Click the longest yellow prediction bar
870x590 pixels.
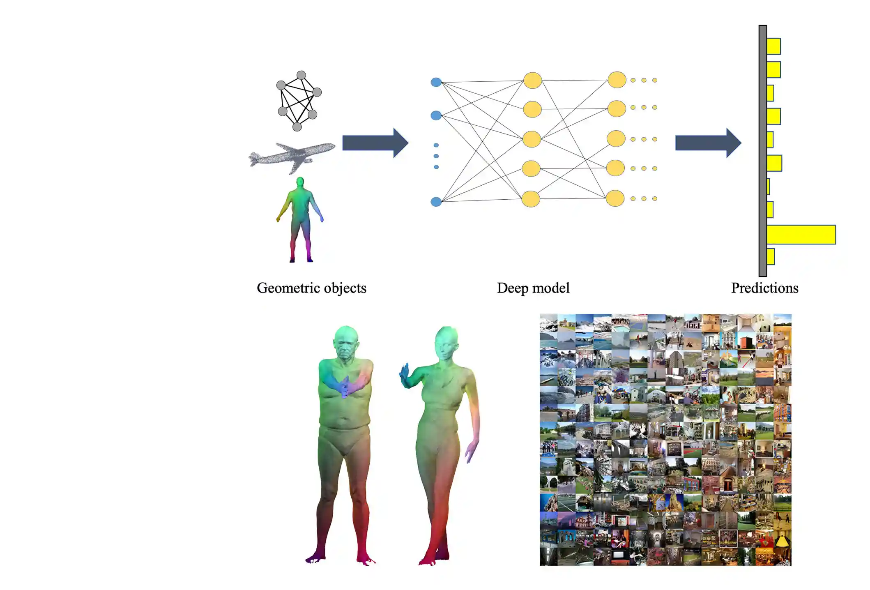[x=801, y=235]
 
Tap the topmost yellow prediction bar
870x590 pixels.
[x=773, y=46]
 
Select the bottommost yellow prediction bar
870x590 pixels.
[x=771, y=257]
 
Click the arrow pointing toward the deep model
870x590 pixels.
[x=375, y=143]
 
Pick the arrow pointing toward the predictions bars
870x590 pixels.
[x=708, y=143]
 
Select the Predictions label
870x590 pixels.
[x=764, y=288]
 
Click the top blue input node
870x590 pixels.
[x=436, y=82]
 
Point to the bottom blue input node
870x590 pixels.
[x=436, y=202]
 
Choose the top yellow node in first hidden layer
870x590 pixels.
[x=532, y=80]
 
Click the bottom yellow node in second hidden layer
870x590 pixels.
[x=615, y=198]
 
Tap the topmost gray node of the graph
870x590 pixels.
[x=301, y=75]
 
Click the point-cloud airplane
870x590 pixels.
[x=292, y=156]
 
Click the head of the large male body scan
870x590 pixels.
[x=346, y=343]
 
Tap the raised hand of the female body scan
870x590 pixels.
[x=405, y=375]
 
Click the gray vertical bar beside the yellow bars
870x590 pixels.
[x=762, y=151]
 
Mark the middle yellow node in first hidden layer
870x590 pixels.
[x=532, y=139]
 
